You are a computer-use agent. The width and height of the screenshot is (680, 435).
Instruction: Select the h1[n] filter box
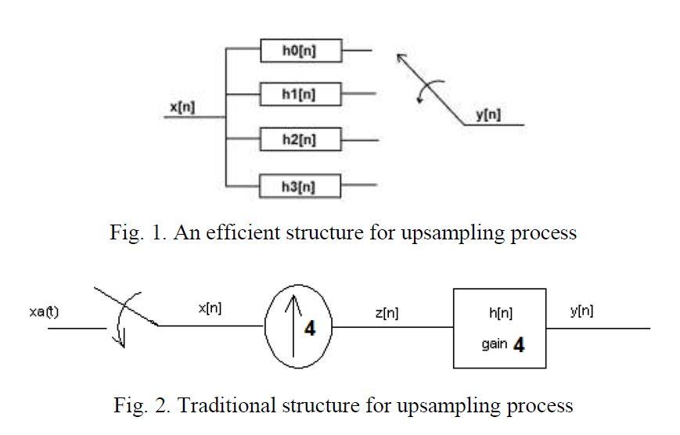300,95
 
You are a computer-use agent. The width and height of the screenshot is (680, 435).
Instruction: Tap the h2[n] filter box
300,140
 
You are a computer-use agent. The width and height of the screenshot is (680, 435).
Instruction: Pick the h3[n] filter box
300,186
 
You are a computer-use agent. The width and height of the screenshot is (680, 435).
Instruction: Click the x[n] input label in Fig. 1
182,107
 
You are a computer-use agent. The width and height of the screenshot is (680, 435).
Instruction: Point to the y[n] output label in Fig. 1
489,116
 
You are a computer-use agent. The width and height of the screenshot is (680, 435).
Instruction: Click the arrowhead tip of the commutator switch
400,56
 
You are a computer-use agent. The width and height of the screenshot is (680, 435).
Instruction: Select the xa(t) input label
43,312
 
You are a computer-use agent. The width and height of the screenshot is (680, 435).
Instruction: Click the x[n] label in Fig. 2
210,308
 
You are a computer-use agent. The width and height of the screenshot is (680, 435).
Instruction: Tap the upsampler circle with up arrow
299,328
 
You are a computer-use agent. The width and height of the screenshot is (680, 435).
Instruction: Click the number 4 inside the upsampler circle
310,329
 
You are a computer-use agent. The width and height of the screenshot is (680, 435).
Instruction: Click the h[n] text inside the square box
500,312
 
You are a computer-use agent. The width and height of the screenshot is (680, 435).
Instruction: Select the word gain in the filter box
494,344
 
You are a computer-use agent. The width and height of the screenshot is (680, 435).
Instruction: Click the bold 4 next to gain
518,344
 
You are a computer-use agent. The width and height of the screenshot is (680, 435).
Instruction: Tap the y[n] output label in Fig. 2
581,311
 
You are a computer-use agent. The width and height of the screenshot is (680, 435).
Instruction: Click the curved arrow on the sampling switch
125,321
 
